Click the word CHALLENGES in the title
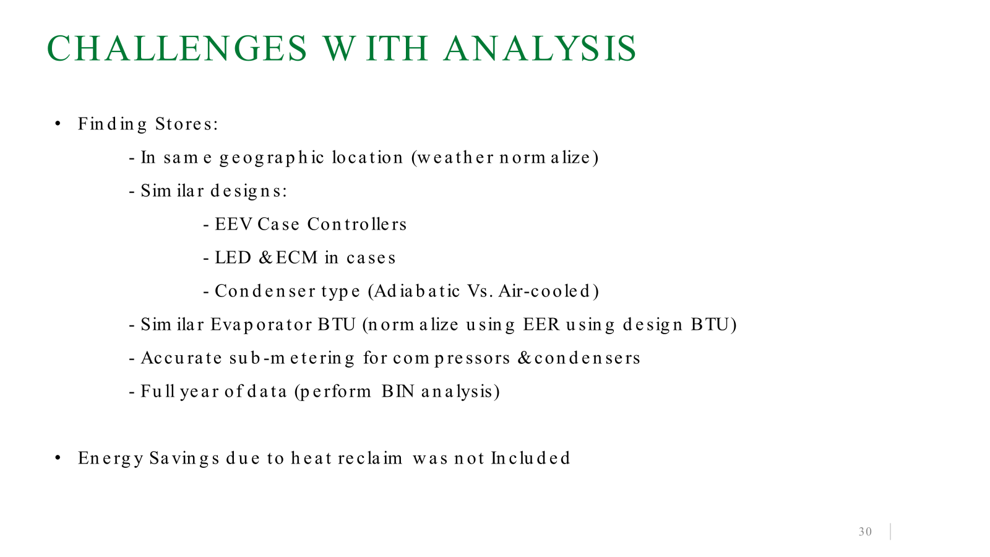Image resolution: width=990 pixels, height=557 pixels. point(177,48)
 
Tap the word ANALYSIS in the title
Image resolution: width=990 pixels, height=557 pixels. point(540,48)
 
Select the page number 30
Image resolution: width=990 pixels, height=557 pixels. point(865,532)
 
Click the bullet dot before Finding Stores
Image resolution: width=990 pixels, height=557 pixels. point(58,124)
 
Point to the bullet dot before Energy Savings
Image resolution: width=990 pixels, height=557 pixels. point(58,458)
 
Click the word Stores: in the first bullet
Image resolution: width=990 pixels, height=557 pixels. point(186,124)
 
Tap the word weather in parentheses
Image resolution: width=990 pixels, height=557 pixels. point(455,157)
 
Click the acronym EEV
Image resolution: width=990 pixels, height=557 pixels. point(233,224)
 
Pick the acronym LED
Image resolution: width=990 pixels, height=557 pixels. point(233,257)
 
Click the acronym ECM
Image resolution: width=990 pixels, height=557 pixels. point(296,257)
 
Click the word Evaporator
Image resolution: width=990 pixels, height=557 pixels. point(261,324)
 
